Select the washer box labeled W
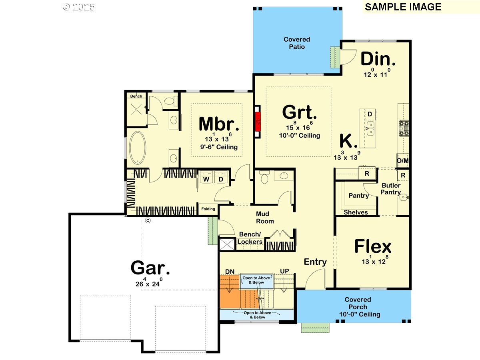(x=207, y=179)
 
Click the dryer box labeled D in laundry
(x=221, y=179)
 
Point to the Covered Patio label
(x=297, y=43)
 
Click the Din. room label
(x=378, y=59)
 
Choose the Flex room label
(x=373, y=246)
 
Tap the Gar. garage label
(x=150, y=268)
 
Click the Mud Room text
(x=265, y=218)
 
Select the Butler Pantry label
(x=391, y=189)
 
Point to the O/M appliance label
(x=403, y=161)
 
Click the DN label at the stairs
(x=230, y=272)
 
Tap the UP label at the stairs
(x=284, y=271)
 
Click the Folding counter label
(x=208, y=209)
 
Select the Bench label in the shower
(x=136, y=96)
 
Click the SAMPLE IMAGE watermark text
(x=403, y=7)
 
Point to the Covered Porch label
(x=358, y=307)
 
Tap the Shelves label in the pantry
(x=356, y=212)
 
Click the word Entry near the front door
(x=315, y=262)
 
